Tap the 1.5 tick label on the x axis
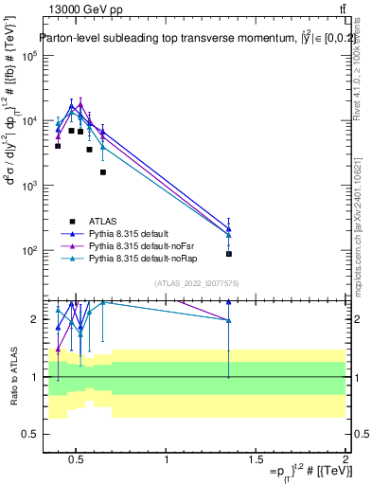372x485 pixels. [x=256, y=462]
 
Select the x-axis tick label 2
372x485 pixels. [x=345, y=462]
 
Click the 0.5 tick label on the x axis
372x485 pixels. [x=78, y=462]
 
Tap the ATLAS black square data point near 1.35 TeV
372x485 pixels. [x=229, y=254]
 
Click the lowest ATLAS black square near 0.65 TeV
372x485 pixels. [x=102, y=172]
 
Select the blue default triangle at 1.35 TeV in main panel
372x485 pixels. [x=229, y=228]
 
